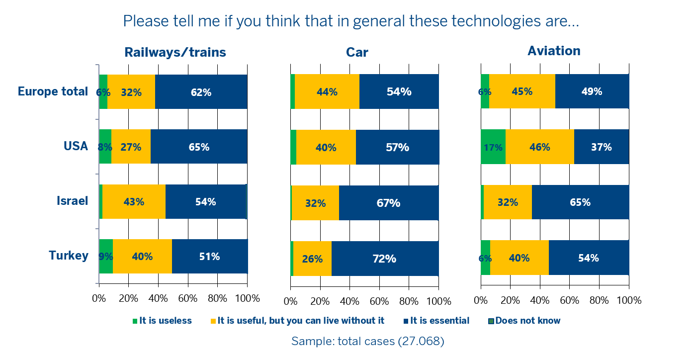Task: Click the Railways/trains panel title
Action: point(175,52)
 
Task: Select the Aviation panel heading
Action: point(554,51)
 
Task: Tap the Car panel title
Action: point(357,52)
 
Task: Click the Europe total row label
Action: point(53,91)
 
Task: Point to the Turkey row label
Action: point(69,256)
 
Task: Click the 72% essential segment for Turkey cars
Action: point(385,259)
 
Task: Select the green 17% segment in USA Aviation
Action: point(493,147)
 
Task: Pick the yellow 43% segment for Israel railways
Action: point(134,202)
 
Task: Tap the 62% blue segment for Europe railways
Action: point(201,92)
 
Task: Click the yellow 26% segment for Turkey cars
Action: point(312,259)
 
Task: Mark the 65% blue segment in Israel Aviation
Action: point(580,202)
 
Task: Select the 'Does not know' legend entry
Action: point(527,321)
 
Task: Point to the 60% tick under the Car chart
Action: point(379,301)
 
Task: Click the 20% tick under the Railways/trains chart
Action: point(128,299)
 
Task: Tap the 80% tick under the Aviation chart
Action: point(599,300)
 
